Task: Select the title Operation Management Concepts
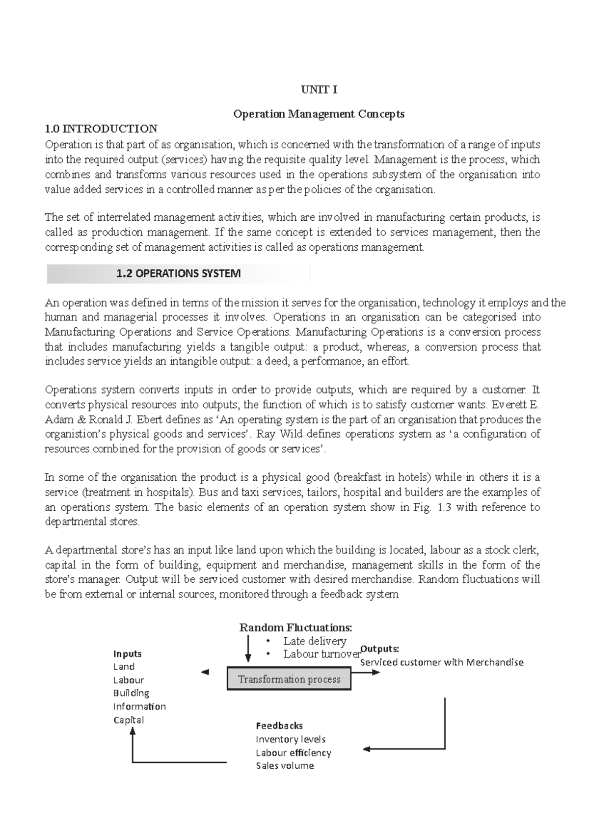point(319,114)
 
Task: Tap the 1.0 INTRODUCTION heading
point(101,129)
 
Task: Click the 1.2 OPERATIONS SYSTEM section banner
point(178,274)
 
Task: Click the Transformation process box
point(289,679)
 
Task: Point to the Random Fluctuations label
point(295,627)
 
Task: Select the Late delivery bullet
point(314,641)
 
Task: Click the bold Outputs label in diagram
point(379,649)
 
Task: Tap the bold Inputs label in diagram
point(127,653)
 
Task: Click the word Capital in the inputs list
point(129,720)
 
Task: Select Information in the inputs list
point(139,706)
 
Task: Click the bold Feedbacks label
point(279,726)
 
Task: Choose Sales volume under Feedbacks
point(285,766)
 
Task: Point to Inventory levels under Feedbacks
point(291,739)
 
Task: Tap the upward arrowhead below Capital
point(133,731)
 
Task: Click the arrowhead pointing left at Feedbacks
point(367,749)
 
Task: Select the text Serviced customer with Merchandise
point(442,662)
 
